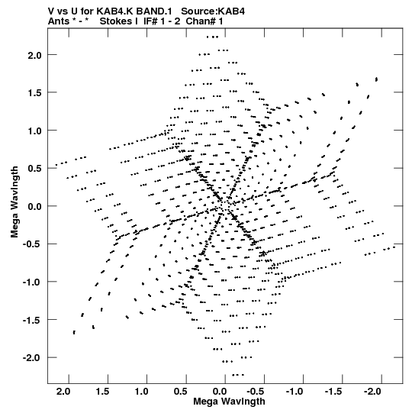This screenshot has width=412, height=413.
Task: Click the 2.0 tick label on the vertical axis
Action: pyautogui.click(x=35, y=55)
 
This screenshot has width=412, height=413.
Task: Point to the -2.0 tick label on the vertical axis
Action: pyautogui.click(x=32, y=358)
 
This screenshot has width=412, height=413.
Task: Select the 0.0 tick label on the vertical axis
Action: pyautogui.click(x=35, y=207)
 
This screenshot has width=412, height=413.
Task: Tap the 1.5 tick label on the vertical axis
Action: pyautogui.click(x=35, y=93)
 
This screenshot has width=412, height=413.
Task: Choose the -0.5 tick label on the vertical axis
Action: pyautogui.click(x=32, y=244)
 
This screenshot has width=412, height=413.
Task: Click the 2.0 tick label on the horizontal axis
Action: pyautogui.click(x=63, y=392)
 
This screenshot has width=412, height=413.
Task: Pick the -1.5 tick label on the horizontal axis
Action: pyautogui.click(x=333, y=392)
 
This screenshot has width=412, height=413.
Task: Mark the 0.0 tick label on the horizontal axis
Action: pyautogui.click(x=220, y=392)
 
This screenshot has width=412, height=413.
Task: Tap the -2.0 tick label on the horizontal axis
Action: pyautogui.click(x=372, y=392)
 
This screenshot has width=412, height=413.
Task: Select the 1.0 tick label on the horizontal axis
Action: pyautogui.click(x=141, y=392)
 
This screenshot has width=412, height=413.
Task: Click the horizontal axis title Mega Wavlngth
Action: pyautogui.click(x=229, y=402)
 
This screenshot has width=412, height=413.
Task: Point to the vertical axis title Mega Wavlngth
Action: pyautogui.click(x=14, y=202)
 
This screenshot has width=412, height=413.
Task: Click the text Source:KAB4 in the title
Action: pyautogui.click(x=213, y=11)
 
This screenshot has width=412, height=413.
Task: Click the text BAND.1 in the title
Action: pyautogui.click(x=154, y=11)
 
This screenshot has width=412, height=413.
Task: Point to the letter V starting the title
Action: pyautogui.click(x=51, y=11)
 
